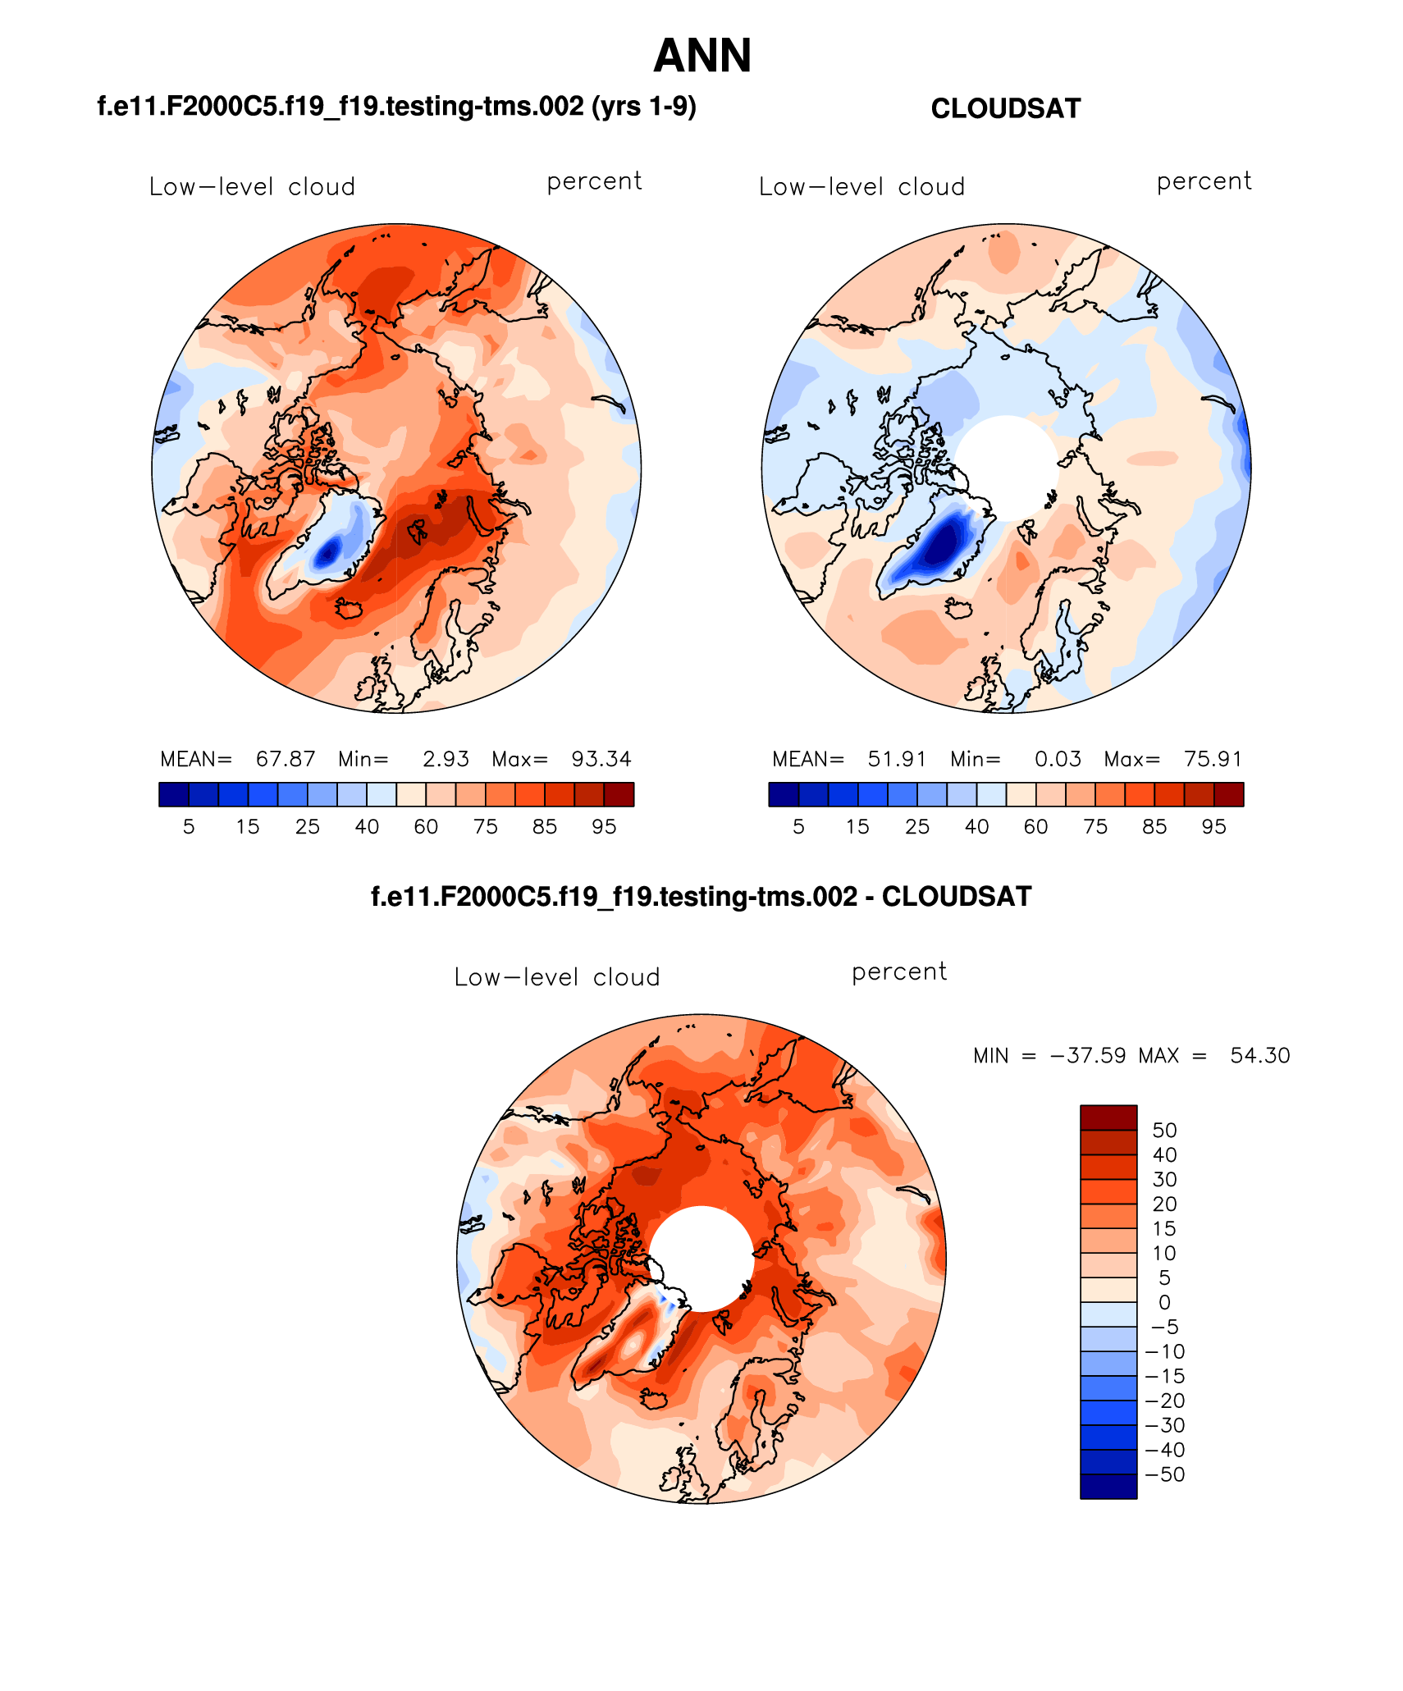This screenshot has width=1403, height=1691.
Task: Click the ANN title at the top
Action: (702, 56)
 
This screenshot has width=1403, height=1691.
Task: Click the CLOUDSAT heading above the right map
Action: (1005, 108)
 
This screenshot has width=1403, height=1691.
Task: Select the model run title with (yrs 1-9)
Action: (396, 107)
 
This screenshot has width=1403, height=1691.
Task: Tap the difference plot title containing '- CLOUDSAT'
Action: (701, 896)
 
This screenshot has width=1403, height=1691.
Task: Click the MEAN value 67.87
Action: (286, 759)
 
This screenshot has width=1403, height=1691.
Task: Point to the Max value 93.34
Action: (601, 759)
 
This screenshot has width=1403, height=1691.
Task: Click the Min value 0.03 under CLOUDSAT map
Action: (1058, 759)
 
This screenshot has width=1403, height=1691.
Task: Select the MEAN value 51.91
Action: (897, 759)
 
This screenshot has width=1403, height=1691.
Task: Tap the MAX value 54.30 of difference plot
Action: (1259, 1055)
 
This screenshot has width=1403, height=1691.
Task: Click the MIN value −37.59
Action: (1088, 1055)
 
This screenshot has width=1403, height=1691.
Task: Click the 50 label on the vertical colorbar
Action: (1164, 1130)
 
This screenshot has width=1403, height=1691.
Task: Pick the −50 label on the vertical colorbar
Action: (1165, 1474)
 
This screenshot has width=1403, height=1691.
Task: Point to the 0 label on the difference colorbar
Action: (1164, 1302)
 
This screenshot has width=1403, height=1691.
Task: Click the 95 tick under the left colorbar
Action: (604, 827)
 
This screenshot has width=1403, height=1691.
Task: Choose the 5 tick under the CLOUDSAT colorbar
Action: (798, 827)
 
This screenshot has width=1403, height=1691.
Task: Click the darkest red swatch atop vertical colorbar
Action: (1108, 1117)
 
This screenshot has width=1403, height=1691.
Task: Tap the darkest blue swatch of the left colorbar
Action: (174, 794)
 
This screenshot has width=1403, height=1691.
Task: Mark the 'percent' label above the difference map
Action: (899, 972)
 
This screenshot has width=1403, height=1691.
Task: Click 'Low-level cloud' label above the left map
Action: (252, 187)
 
